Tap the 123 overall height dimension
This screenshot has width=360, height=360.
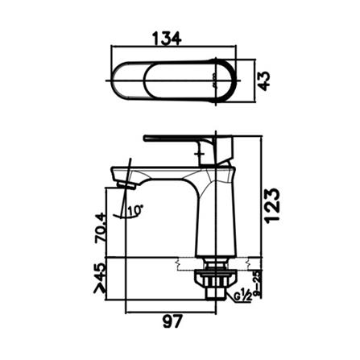tap(274, 205)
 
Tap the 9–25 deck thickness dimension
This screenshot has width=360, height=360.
tap(254, 283)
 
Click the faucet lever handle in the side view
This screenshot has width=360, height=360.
tap(181, 139)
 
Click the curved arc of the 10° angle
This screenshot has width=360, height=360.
tap(125, 217)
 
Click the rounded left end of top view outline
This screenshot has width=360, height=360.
tap(114, 80)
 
